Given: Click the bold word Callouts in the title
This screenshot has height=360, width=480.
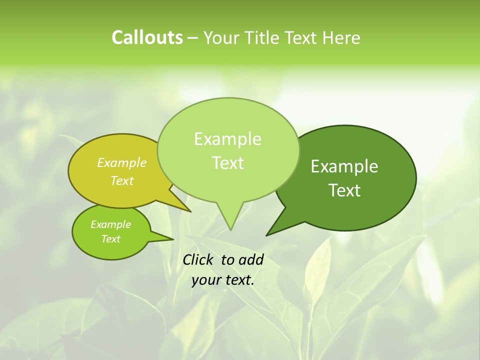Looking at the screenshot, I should click(147, 37).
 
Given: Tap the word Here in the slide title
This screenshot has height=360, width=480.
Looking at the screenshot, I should click(341, 38).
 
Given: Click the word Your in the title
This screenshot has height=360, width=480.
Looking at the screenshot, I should click(220, 38).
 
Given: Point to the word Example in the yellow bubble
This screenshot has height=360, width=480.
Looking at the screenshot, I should click(122, 162).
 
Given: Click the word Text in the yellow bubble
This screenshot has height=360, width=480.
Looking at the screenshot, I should click(122, 180).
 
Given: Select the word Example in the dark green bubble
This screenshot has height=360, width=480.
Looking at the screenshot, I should click(344, 166).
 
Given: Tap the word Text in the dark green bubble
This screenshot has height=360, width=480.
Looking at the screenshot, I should click(344, 190).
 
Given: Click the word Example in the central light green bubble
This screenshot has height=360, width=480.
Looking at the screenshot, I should click(227, 139).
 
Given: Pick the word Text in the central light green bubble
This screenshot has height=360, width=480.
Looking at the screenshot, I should click(227, 162).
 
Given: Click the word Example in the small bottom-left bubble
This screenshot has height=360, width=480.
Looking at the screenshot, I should click(110, 224).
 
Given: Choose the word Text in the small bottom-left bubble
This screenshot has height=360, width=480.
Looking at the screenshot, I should click(110, 239).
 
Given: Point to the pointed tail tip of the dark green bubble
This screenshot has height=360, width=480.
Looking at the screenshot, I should click(266, 235).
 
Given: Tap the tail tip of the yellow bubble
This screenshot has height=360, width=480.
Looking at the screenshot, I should click(190, 211).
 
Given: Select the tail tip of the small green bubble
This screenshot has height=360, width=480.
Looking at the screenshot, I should click(173, 239).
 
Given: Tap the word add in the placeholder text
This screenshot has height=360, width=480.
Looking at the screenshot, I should click(251, 259).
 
